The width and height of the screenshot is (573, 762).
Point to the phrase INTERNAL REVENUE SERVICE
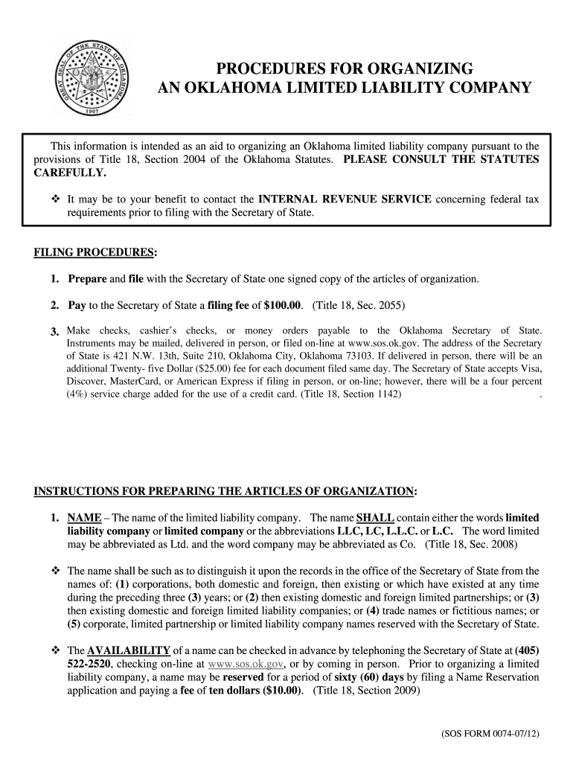[x=345, y=199]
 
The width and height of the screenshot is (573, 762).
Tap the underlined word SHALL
[x=375, y=518]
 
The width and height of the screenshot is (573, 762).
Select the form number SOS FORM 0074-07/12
[x=489, y=734]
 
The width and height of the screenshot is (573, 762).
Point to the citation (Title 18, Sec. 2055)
[x=359, y=305]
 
